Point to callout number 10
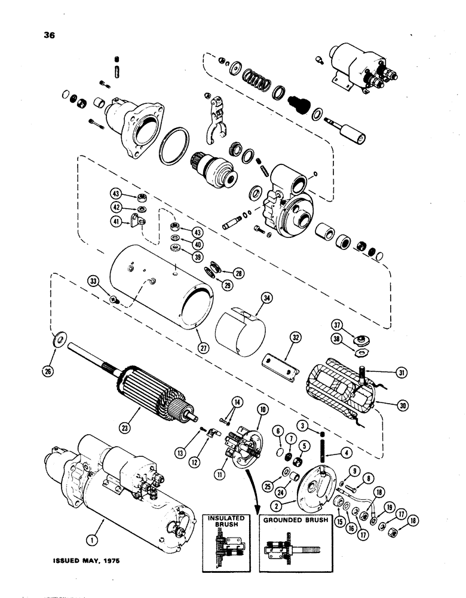[x=262, y=408]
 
